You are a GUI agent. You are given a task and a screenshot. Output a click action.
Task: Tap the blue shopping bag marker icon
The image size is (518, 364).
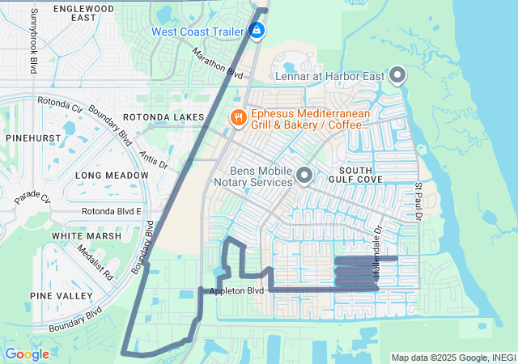[x=257, y=31]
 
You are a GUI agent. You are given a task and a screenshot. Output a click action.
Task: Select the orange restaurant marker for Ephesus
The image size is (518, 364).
[x=237, y=117]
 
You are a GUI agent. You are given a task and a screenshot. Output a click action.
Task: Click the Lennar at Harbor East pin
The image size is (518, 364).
[x=397, y=76]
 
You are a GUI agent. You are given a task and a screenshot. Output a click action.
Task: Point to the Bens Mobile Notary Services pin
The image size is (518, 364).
[x=304, y=175]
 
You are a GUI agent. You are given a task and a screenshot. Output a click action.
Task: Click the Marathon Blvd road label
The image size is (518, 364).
[x=218, y=62]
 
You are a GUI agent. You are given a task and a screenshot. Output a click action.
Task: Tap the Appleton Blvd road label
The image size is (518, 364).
[x=236, y=290]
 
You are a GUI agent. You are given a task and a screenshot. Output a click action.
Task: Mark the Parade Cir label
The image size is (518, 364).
[x=32, y=197]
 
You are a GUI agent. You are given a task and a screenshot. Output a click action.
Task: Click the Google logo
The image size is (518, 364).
[x=27, y=353]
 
